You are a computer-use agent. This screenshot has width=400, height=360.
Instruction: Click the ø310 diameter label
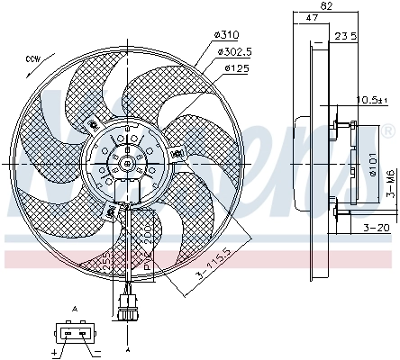point(226,35)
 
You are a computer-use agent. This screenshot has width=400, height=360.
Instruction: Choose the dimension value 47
point(312,18)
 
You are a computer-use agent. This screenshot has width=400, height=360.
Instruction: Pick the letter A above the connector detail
point(76,308)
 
